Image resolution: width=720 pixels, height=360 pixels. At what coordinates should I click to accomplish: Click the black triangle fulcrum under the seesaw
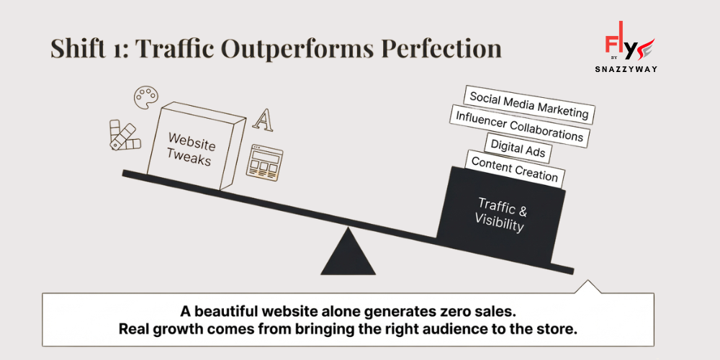348,255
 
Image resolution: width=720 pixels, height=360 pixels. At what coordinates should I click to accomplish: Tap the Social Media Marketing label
528,105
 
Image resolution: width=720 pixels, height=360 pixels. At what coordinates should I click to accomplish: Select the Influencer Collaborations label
519,126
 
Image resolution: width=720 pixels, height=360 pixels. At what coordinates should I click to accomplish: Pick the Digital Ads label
518,149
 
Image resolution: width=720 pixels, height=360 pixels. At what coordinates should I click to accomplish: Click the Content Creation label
514,171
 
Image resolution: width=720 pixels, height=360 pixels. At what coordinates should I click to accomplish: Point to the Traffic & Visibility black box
500,214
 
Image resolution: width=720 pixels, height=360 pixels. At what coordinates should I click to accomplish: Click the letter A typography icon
266,120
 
